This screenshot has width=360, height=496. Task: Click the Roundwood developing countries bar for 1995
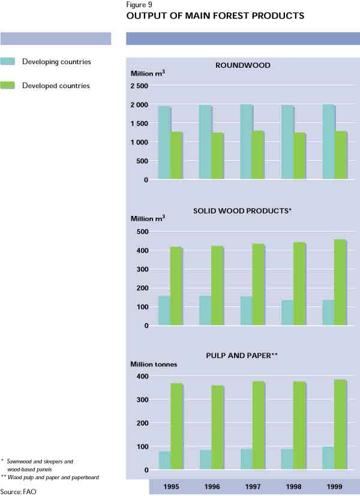tap(164, 143)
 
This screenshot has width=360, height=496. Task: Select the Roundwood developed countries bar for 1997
tap(257, 155)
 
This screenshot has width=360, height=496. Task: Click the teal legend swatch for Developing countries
tap(8, 61)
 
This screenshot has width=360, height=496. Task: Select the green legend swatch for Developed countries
tap(8, 86)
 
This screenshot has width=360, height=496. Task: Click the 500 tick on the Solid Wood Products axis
tap(142, 232)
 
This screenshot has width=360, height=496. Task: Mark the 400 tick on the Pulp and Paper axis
tap(142, 376)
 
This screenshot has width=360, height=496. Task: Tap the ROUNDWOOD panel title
tap(242, 65)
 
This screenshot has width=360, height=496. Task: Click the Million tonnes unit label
tap(154, 364)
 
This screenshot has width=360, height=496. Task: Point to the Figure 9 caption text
tap(137, 4)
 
